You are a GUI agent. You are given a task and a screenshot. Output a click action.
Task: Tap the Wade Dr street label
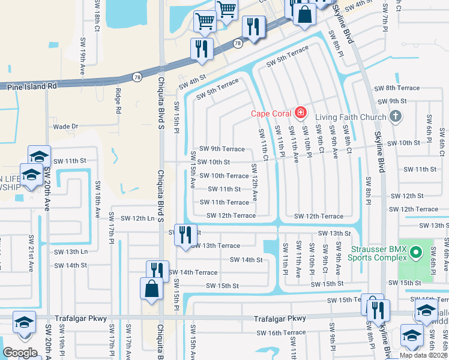tap(66, 127)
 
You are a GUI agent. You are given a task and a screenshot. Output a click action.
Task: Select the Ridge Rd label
tap(118, 101)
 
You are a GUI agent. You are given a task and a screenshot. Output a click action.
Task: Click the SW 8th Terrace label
tap(397, 88)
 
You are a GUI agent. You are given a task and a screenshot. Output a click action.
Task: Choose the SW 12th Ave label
tap(255, 188)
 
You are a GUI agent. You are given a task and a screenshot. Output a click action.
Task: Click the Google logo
tap(20, 353)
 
